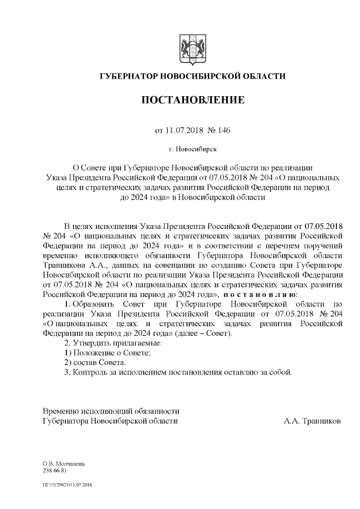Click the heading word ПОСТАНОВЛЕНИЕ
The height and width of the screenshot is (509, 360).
tap(192, 101)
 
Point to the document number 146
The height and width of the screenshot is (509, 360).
tap(223, 130)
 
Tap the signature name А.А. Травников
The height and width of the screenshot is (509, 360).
tap(312, 420)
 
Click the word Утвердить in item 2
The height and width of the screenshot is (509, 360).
tap(92, 343)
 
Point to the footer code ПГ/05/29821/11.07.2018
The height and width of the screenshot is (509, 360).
tap(67, 484)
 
